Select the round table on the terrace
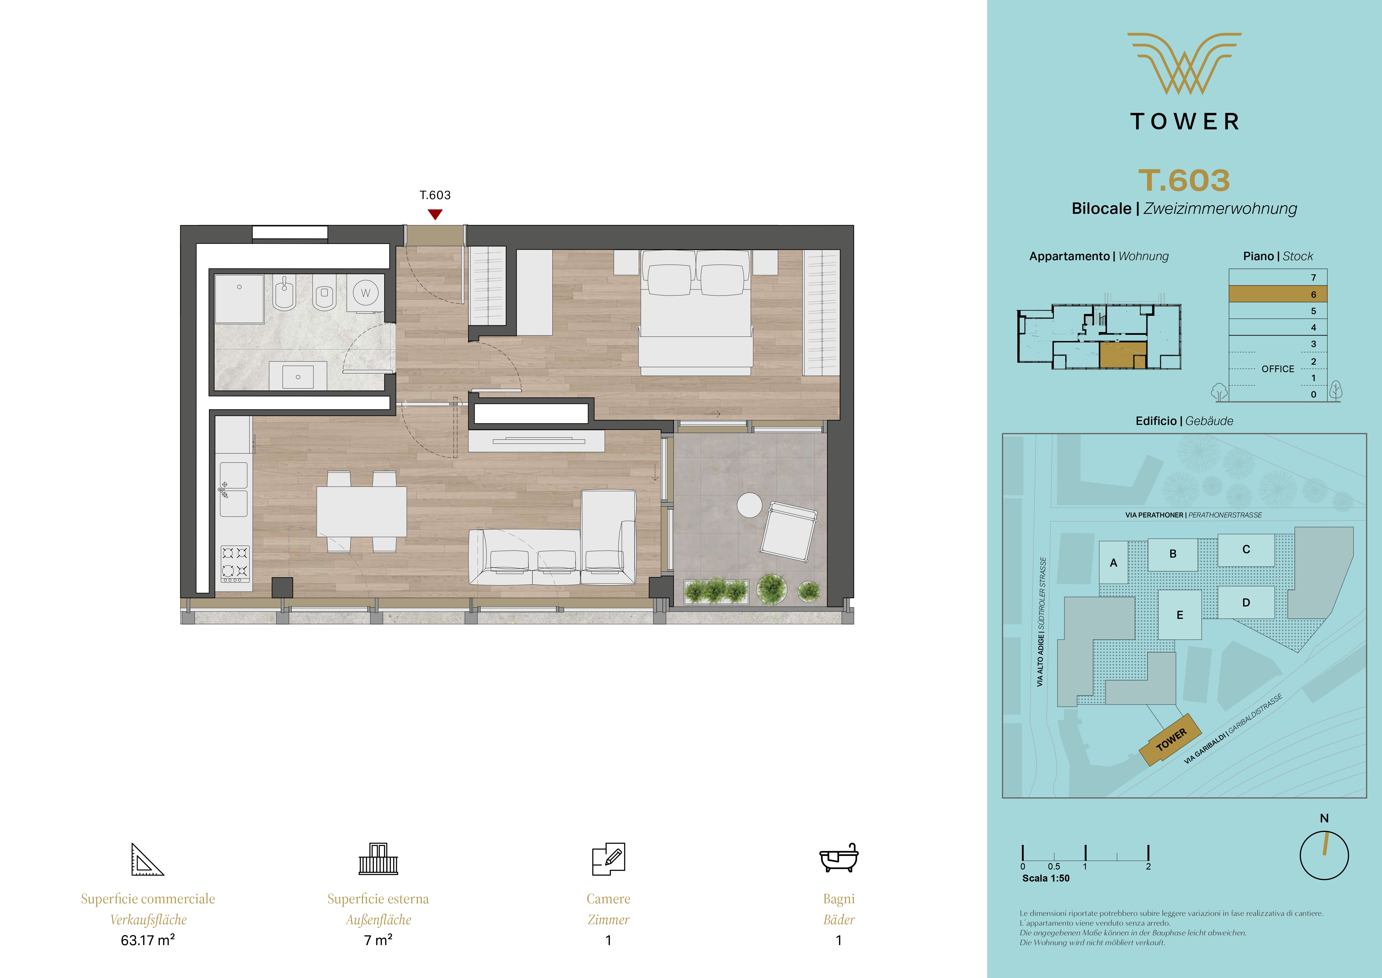click(749, 505)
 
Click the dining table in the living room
click(361, 511)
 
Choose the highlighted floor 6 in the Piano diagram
click(1278, 294)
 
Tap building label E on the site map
click(1180, 615)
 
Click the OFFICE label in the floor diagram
click(1278, 369)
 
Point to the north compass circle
click(1324, 855)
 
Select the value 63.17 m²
click(148, 940)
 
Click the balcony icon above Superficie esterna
click(378, 859)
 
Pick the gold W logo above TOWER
click(1184, 63)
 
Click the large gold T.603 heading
click(1184, 180)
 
